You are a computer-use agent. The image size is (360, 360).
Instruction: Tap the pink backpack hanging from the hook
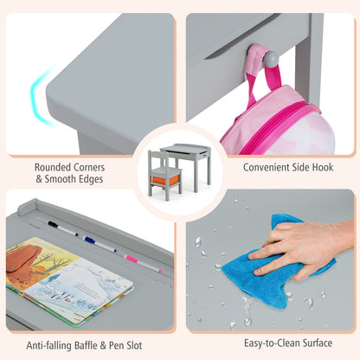(x=277, y=115)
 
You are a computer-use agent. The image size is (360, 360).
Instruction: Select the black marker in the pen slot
(x=63, y=228)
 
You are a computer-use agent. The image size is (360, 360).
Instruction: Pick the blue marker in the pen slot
(x=100, y=244)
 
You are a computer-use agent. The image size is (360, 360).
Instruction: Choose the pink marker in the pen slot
(x=143, y=263)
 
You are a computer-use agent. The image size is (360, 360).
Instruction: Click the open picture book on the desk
(x=69, y=279)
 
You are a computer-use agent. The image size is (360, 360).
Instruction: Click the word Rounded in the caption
(x=53, y=167)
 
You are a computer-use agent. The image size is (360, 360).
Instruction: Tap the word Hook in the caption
(x=323, y=167)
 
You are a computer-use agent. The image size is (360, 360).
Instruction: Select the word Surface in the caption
(x=318, y=343)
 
